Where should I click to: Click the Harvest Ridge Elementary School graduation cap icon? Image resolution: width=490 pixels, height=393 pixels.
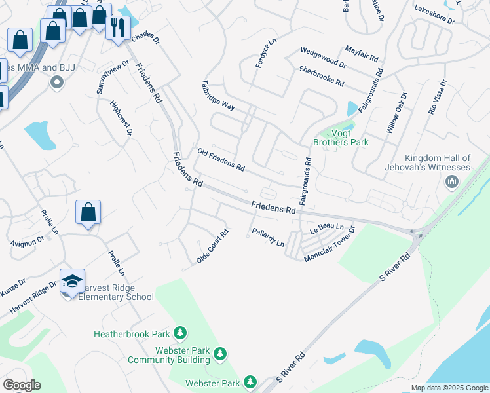coord(72,282)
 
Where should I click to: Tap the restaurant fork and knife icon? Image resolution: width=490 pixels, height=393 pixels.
coord(118,28)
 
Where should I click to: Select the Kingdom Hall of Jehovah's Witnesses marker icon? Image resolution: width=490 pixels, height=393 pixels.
coord(451,181)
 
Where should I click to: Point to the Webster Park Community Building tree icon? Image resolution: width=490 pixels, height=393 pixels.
coord(221,354)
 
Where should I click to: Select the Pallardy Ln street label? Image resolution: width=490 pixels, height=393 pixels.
coord(268,238)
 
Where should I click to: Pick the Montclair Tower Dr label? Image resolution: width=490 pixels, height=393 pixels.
coord(329,245)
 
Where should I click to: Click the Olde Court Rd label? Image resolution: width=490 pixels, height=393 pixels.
coord(212,247)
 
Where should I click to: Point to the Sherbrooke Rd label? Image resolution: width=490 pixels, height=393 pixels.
coord(321,77)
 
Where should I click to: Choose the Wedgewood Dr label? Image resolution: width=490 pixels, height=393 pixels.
coord(322,58)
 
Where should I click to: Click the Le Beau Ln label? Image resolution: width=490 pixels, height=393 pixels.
coord(327,229)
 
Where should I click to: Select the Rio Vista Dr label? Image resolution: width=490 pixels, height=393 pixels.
coord(438,98)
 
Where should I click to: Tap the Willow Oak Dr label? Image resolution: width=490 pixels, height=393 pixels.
coord(396,113)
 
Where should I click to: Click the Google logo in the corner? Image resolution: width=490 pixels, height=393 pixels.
coord(22,385)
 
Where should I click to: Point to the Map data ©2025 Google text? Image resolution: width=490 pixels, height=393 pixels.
coord(450,388)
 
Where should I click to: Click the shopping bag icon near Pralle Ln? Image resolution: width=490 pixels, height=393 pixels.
coord(88,213)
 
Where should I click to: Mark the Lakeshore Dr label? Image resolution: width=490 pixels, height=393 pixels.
coord(434,15)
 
